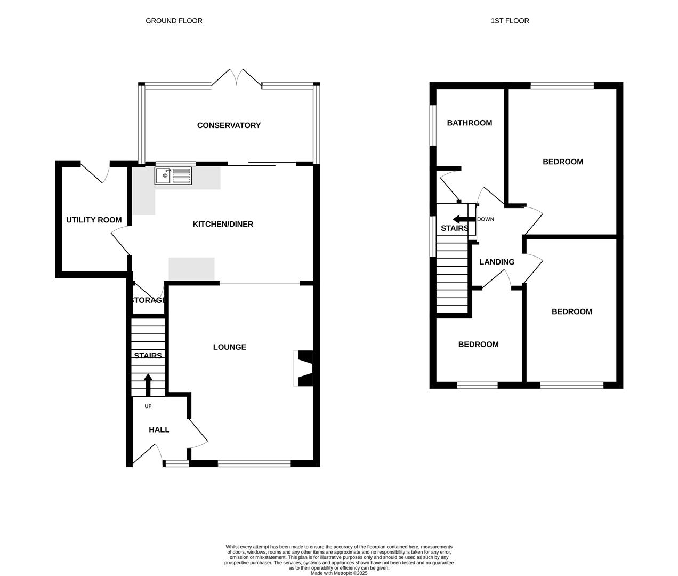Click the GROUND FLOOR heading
174,21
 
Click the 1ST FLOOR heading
510,21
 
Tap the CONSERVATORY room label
229,125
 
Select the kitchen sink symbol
173,175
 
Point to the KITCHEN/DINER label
223,224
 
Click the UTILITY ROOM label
94,220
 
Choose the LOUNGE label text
230,347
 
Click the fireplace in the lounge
304,368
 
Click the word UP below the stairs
148,406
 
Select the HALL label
159,430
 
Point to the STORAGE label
148,300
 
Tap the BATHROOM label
469,123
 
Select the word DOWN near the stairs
485,219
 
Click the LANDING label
497,262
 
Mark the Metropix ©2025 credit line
339,573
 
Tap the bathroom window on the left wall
433,125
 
